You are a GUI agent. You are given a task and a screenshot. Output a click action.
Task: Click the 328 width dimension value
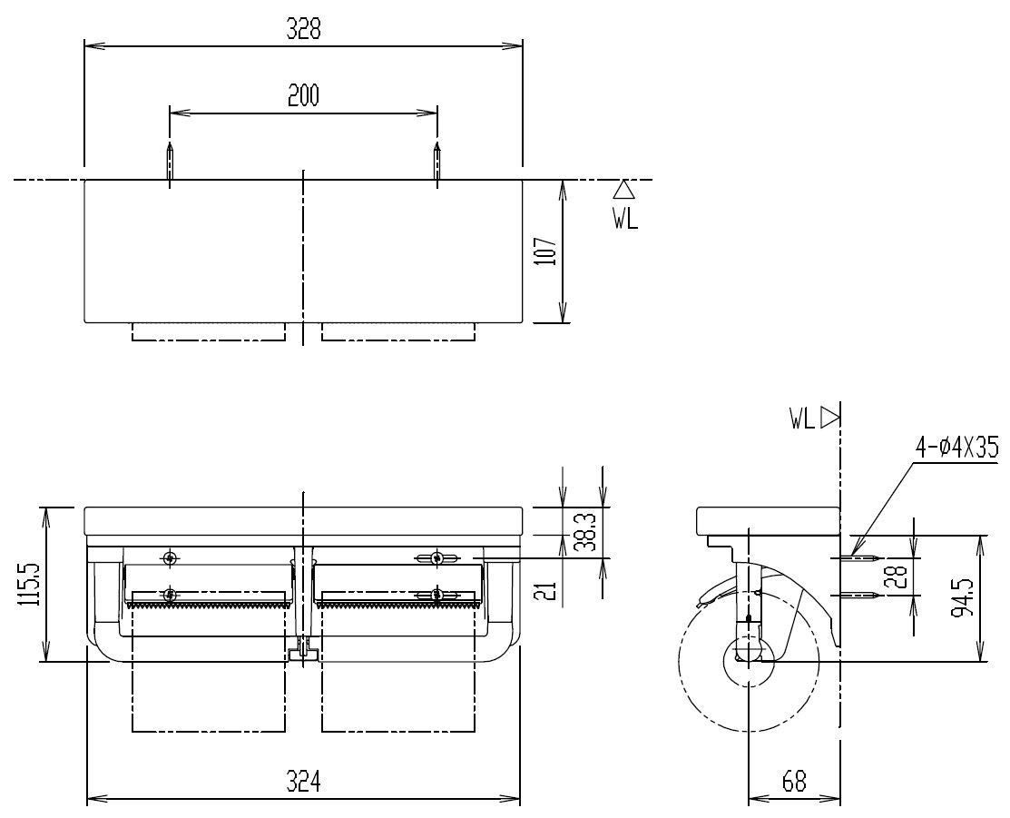point(303,29)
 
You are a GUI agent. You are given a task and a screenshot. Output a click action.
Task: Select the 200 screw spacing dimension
point(303,96)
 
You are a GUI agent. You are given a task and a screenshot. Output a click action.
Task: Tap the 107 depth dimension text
point(545,251)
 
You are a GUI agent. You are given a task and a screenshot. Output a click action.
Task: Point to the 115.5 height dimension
point(30,584)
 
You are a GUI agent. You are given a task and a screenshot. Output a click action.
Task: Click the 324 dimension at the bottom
point(303,783)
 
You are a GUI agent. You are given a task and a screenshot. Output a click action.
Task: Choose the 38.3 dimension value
point(587,531)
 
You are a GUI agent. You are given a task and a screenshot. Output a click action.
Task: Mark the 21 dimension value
point(546,590)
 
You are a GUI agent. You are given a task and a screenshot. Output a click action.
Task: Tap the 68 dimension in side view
point(794,782)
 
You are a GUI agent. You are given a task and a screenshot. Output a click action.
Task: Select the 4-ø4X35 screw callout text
point(957,446)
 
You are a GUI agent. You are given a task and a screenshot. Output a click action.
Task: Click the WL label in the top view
point(625,220)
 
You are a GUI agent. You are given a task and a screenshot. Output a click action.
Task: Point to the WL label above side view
point(802,419)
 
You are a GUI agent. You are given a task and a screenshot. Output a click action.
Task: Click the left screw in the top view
point(170,162)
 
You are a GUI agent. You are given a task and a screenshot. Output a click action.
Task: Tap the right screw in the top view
point(437,162)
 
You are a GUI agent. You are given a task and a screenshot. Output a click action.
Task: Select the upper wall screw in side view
point(860,557)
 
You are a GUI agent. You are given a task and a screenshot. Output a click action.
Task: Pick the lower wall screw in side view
point(860,595)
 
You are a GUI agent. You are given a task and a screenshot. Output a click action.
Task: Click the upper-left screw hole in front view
point(170,558)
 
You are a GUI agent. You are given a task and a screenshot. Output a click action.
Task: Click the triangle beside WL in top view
point(624,190)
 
